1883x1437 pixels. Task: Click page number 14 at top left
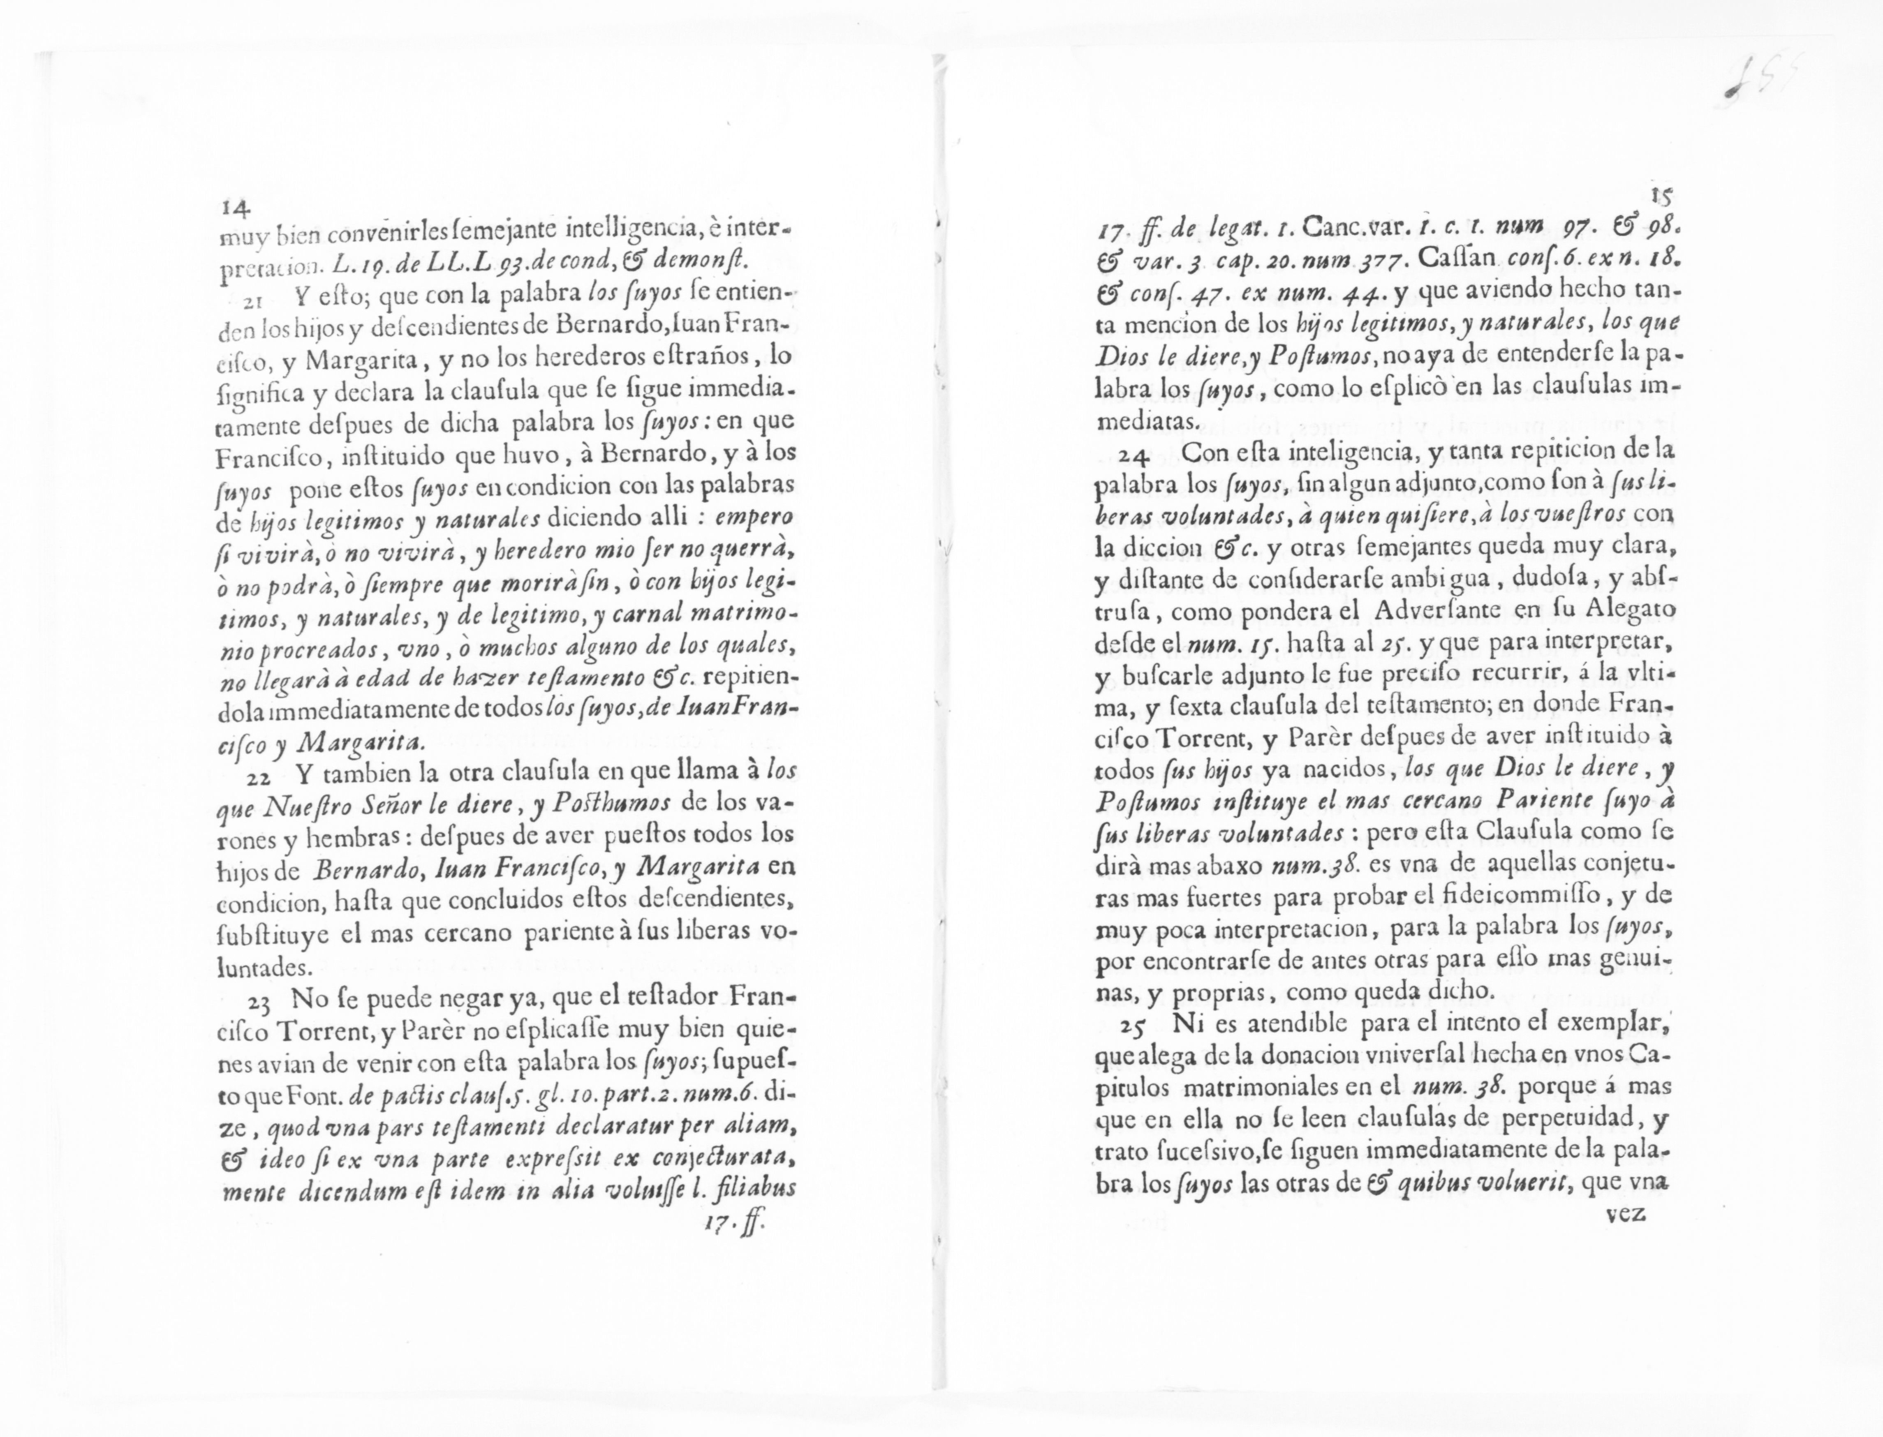pos(234,208)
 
